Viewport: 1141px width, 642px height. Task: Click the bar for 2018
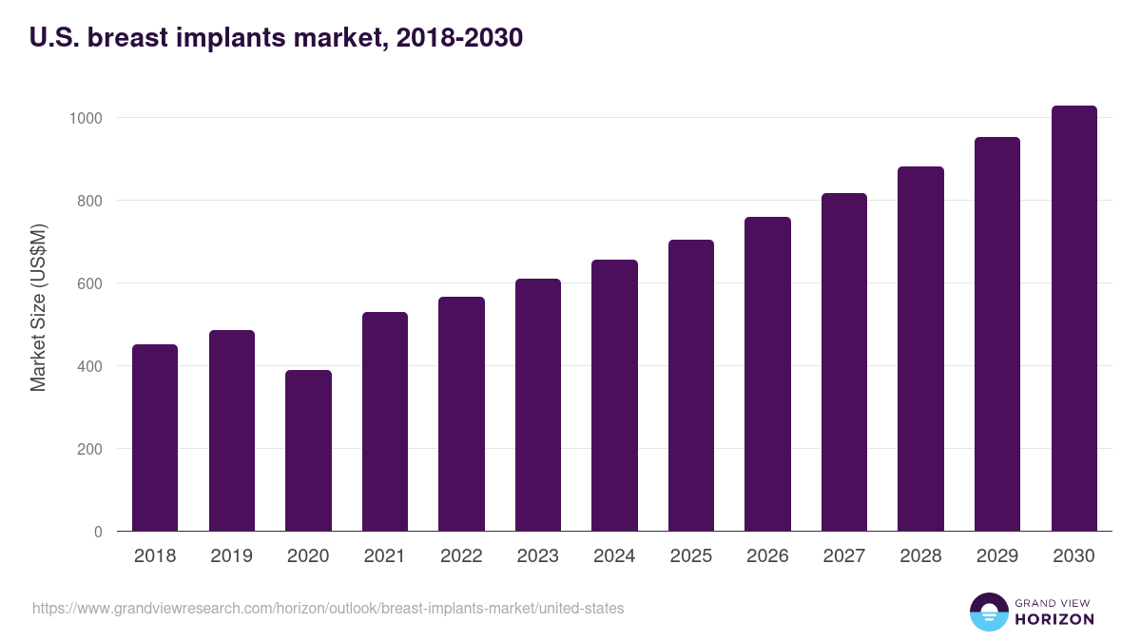click(x=155, y=438)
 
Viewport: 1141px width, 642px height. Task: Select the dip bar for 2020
click(x=308, y=451)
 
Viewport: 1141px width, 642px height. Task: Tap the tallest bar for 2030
click(x=1073, y=319)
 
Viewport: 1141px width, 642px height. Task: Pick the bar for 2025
click(x=691, y=385)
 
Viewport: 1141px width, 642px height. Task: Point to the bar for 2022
click(x=461, y=414)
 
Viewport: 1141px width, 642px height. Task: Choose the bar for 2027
click(x=844, y=362)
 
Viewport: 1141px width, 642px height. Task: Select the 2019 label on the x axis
click(x=231, y=556)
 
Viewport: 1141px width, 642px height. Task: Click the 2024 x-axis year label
click(x=614, y=556)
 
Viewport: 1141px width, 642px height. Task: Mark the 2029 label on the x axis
click(x=997, y=556)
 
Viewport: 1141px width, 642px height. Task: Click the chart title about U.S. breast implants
click(x=276, y=38)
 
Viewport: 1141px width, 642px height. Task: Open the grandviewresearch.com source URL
click(x=328, y=608)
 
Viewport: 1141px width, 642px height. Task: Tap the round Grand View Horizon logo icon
click(x=988, y=612)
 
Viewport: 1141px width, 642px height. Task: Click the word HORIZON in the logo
click(x=1054, y=619)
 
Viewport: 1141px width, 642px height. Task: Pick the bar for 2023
click(x=538, y=405)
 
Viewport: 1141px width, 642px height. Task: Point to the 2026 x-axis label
click(x=767, y=556)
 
